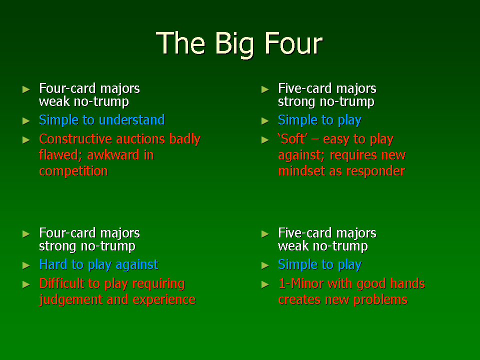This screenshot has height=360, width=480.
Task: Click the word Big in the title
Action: click(x=235, y=44)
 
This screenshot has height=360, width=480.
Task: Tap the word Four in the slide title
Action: click(x=293, y=43)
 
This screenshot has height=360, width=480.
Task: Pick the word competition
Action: click(x=73, y=171)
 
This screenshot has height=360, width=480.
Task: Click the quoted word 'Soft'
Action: click(x=292, y=139)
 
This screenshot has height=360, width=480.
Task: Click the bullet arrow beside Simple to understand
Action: click(x=26, y=121)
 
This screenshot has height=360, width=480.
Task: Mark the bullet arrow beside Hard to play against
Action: click(x=26, y=265)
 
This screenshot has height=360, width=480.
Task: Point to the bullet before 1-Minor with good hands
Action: click(x=265, y=284)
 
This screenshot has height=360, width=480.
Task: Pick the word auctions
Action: click(x=136, y=139)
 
